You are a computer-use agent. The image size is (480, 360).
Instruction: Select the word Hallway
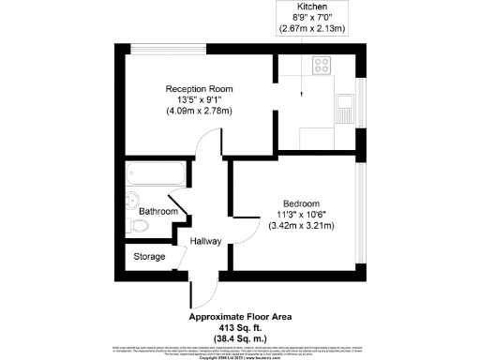pyautogui.click(x=205, y=241)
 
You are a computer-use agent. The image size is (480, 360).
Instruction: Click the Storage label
pyautogui.click(x=149, y=256)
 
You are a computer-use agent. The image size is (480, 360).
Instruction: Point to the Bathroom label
pyautogui.click(x=158, y=212)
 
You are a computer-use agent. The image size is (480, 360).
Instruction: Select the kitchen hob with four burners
pyautogui.click(x=322, y=66)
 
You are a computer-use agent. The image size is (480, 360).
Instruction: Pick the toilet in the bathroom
pyautogui.click(x=132, y=199)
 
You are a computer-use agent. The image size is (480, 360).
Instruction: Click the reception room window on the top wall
pyautogui.click(x=167, y=48)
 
